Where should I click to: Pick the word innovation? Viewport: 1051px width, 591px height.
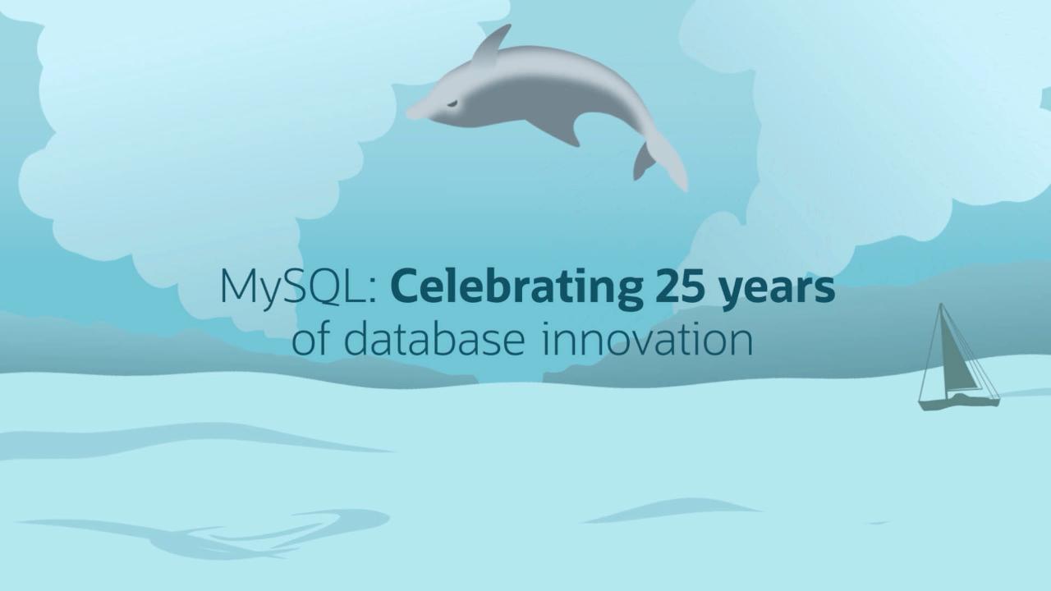[x=648, y=338]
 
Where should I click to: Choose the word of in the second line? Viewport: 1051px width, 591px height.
[x=311, y=338]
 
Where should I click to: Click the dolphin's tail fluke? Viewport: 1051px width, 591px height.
[x=671, y=162]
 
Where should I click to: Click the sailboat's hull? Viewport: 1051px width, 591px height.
[x=958, y=402]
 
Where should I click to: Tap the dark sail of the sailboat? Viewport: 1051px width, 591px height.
[x=957, y=357]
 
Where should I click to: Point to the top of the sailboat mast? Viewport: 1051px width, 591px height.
[x=941, y=304]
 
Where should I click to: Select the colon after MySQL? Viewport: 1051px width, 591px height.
[x=372, y=293]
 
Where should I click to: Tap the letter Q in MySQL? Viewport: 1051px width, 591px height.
[x=323, y=287]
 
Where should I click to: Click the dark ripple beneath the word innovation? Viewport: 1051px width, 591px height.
[x=671, y=511]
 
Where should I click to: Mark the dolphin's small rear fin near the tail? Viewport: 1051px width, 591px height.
[x=643, y=162]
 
